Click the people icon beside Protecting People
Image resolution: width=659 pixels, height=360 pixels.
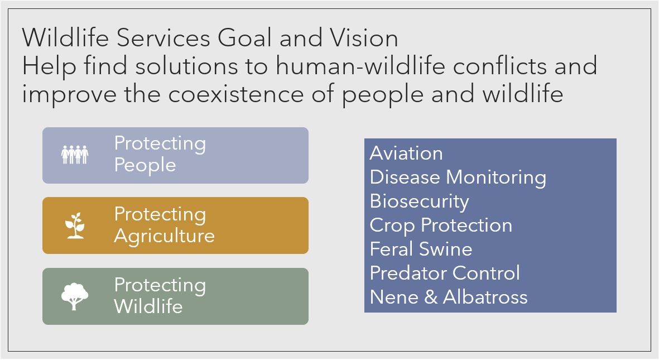tap(75, 155)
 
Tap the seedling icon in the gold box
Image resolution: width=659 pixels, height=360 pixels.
tap(75, 225)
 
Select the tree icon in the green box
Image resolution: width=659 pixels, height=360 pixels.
tap(75, 296)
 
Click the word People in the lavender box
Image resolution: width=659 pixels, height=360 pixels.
tap(145, 165)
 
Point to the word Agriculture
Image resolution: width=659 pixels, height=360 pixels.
tap(164, 236)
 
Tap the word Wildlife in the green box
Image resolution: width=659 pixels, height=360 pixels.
tap(148, 306)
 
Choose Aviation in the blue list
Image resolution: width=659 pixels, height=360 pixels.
tap(406, 153)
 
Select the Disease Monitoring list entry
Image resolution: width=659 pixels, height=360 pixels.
tap(458, 177)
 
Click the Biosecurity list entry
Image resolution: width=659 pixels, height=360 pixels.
tap(420, 201)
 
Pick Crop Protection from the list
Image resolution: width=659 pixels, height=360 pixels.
tap(441, 225)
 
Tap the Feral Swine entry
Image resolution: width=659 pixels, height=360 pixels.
tap(421, 249)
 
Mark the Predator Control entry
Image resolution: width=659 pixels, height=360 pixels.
tap(445, 273)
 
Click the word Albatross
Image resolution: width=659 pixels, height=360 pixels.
tap(485, 297)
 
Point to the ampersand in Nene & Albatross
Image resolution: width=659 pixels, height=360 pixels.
tap(431, 297)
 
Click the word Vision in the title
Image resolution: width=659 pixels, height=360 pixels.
tap(364, 38)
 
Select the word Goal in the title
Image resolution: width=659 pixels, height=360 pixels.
tap(244, 38)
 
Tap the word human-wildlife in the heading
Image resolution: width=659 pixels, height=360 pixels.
tap(360, 66)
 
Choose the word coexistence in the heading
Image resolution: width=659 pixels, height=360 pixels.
tap(236, 94)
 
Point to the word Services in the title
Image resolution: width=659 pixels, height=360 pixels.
tap(163, 38)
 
